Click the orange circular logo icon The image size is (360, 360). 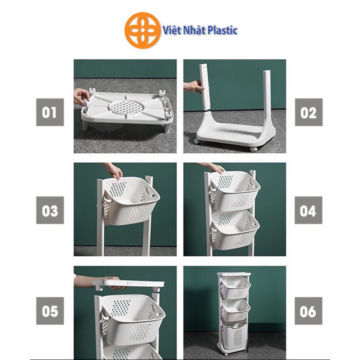click(143, 31)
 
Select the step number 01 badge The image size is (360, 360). click(50, 112)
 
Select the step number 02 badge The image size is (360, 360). click(309, 112)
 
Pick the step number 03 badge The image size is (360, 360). click(50, 210)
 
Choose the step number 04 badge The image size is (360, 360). click(309, 210)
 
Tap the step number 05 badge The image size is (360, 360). click(50, 311)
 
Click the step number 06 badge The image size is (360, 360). click(309, 311)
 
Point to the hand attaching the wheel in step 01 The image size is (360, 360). click(81, 96)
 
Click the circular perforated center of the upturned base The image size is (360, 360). click(126, 106)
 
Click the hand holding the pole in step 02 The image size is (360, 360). click(194, 87)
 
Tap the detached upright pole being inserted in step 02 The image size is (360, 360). click(204, 86)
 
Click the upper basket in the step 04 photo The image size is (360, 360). click(234, 191)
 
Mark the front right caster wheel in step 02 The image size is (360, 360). click(254, 149)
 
